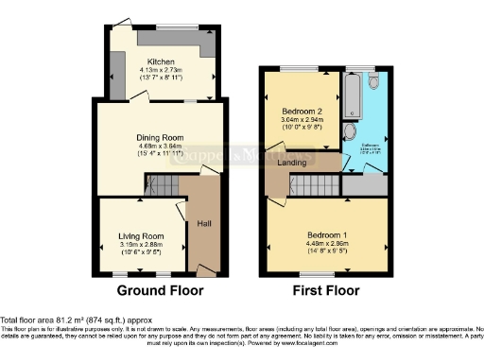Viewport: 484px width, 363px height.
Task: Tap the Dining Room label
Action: [158, 137]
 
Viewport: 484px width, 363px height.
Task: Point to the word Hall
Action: [203, 224]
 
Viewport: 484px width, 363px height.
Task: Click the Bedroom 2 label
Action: [300, 112]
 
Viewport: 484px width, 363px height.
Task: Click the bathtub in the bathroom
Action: [354, 97]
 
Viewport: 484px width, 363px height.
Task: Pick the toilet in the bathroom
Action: [374, 84]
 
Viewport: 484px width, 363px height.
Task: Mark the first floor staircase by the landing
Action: [323, 185]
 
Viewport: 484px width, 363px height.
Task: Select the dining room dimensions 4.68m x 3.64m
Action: [158, 146]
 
